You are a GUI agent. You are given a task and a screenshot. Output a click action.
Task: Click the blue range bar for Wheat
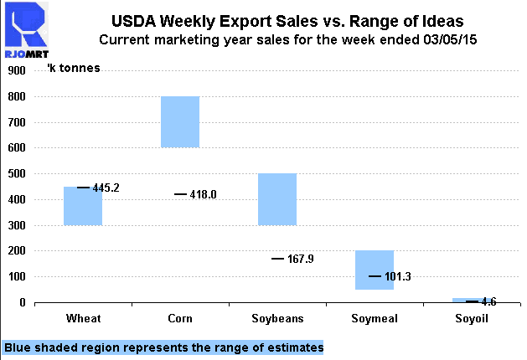[82, 206]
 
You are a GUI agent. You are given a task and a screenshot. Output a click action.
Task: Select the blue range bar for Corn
[179, 122]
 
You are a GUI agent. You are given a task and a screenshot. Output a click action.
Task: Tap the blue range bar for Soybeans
[276, 199]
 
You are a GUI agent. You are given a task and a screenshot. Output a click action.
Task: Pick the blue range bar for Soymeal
[374, 270]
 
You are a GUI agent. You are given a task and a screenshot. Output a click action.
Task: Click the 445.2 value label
[106, 188]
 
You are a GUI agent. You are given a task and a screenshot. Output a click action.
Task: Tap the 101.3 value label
[398, 276]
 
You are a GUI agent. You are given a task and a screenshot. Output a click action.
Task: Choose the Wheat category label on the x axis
[82, 319]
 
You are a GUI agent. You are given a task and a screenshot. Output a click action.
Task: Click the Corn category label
[179, 319]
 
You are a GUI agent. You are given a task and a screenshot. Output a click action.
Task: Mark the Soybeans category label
[276, 319]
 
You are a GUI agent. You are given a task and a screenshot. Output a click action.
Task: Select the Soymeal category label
[374, 319]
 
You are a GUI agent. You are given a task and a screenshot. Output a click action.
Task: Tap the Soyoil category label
[470, 319]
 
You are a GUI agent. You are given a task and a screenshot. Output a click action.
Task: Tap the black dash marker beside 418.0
[180, 194]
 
